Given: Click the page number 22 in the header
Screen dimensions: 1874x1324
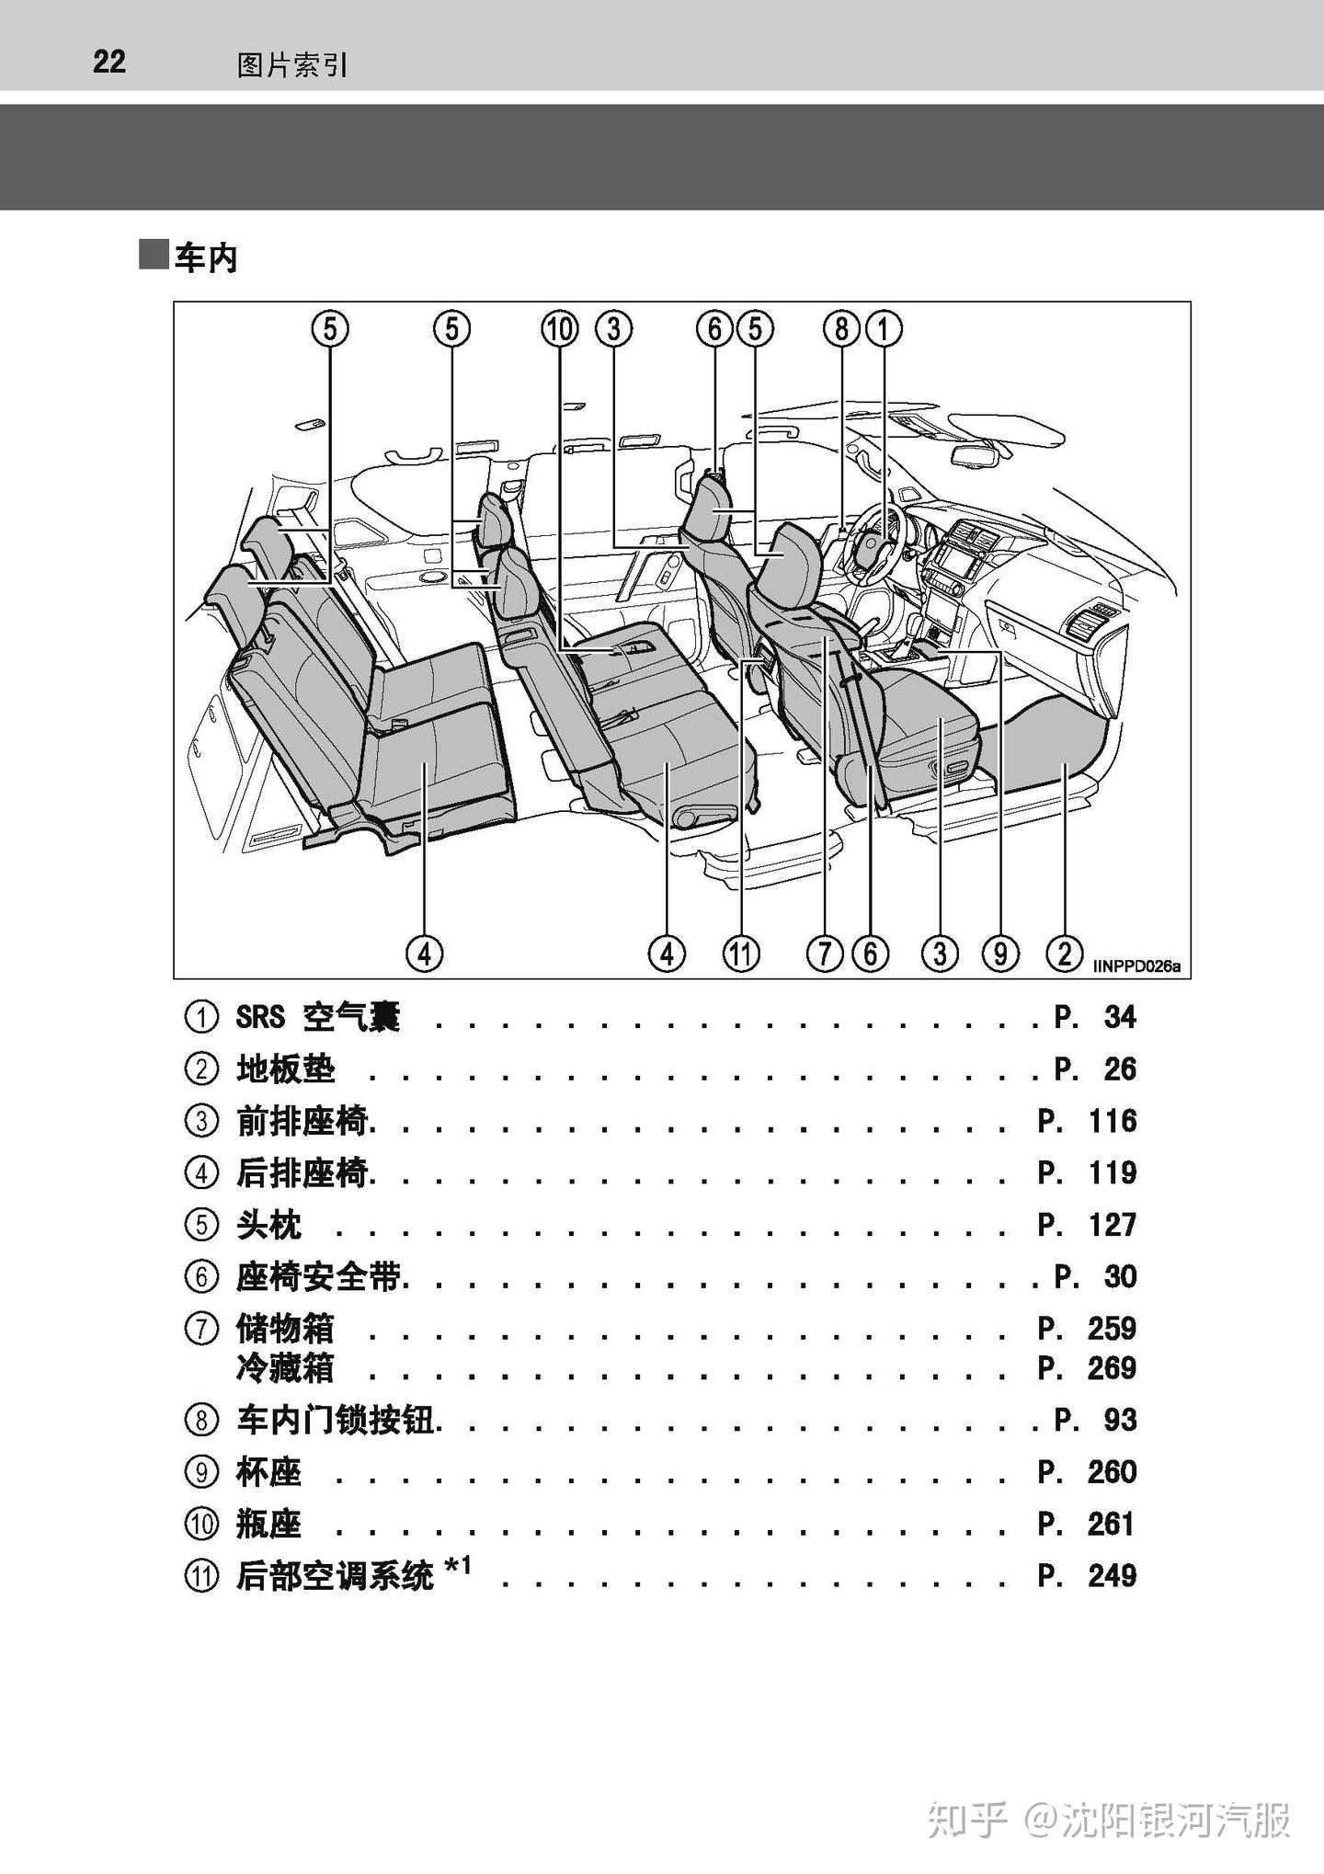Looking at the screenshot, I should [108, 62].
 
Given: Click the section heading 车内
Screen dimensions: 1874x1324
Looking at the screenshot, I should [206, 258].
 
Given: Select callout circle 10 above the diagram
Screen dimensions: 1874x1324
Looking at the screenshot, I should [560, 329].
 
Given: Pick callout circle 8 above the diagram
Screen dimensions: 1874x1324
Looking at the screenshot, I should [840, 329].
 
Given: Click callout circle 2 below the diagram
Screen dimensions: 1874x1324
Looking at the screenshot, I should [1064, 953].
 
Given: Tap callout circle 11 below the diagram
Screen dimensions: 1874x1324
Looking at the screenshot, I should [741, 954].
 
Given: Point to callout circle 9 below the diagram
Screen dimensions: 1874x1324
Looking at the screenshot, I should [1000, 954].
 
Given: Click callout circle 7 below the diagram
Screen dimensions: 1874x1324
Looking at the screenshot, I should [824, 954].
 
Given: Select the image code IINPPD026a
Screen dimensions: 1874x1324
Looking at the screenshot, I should [1136, 966].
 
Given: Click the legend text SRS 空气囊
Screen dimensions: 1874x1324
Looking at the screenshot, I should [318, 1017].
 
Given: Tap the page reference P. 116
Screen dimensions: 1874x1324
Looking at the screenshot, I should [1087, 1121].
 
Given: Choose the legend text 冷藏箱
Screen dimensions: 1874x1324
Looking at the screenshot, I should [285, 1369].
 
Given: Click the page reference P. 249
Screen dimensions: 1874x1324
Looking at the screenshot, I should [1087, 1576].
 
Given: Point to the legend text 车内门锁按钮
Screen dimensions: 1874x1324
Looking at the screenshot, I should [336, 1421].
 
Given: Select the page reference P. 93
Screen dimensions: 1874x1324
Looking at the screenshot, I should [1095, 1421].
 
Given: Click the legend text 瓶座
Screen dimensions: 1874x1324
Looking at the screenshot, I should [268, 1525].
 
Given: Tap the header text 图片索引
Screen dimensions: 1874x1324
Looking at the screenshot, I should [292, 65].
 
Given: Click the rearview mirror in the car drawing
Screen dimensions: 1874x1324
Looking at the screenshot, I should [975, 455].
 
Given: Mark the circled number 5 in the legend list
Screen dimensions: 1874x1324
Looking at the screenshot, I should [201, 1225].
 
